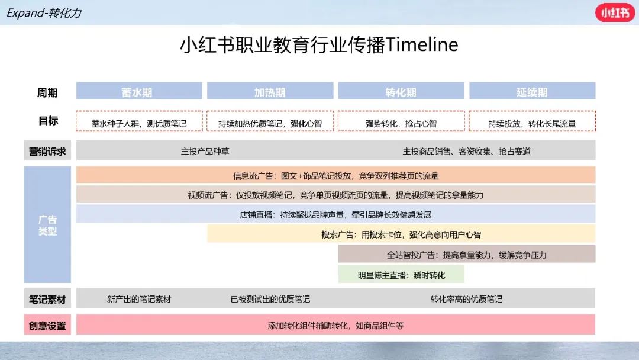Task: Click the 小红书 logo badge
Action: click(615, 12)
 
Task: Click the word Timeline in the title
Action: click(421, 44)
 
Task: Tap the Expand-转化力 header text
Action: click(44, 13)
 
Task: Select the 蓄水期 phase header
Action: click(139, 91)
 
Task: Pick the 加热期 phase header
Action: click(270, 91)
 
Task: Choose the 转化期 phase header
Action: click(401, 91)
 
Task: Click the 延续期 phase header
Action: click(532, 91)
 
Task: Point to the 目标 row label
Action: click(48, 121)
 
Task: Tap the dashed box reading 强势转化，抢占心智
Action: click(401, 121)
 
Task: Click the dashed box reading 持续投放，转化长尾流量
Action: click(532, 121)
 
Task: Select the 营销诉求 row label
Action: click(47, 151)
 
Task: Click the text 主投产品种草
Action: click(205, 152)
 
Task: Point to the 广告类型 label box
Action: click(47, 224)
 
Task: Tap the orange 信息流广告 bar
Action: click(336, 175)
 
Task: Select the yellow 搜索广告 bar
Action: click(401, 234)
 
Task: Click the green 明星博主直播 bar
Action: click(401, 274)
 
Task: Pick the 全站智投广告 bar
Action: click(467, 254)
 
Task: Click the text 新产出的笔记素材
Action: click(139, 299)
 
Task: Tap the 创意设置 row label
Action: click(47, 325)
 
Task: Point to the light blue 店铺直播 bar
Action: click(336, 214)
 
